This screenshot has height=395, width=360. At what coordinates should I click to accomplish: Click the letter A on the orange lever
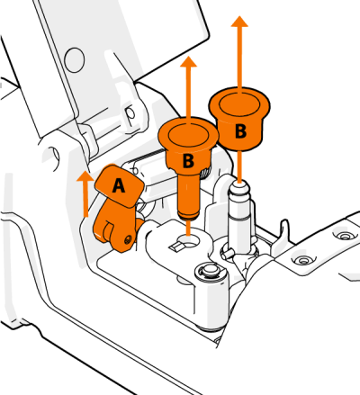point(118,185)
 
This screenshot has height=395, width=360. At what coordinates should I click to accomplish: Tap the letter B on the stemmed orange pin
point(187,161)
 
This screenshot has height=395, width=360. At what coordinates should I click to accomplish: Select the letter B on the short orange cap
point(239,130)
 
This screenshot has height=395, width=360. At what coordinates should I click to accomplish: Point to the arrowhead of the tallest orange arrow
point(238,22)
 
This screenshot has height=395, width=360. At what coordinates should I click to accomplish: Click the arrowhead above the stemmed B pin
point(188,63)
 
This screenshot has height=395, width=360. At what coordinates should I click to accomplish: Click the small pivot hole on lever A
point(129,238)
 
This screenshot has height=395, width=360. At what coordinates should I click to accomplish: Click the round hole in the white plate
point(76,59)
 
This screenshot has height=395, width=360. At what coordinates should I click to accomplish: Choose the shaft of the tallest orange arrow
point(238,58)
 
